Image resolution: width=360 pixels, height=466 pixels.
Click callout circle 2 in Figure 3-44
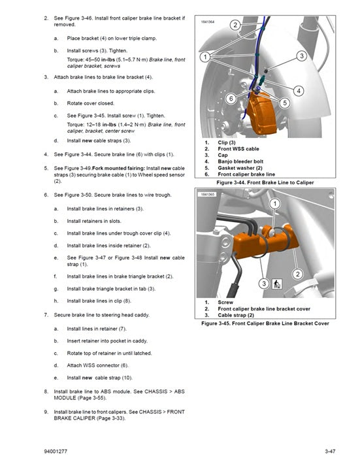point(235,25)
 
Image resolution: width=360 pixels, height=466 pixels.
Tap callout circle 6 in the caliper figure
point(231,99)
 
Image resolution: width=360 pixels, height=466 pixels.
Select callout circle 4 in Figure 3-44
point(298,91)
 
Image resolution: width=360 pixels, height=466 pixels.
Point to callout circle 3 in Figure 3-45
point(264,283)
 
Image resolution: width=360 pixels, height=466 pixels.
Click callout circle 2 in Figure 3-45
point(297,274)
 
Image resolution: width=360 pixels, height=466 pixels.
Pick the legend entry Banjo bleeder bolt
point(240,161)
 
